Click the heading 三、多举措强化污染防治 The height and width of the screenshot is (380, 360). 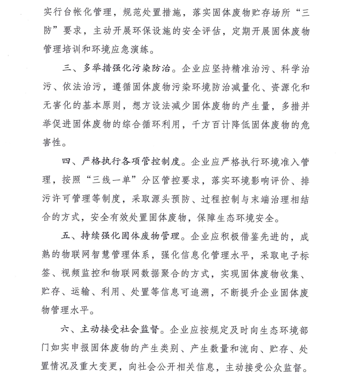pos(118,70)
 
